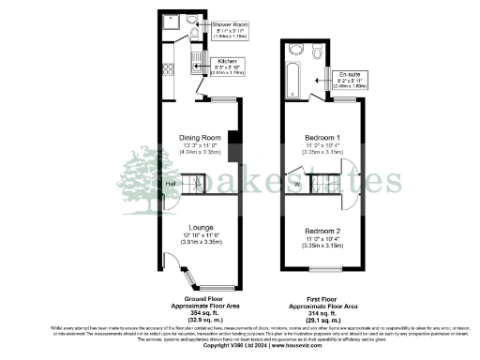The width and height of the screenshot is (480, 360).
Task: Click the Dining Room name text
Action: tap(198, 137)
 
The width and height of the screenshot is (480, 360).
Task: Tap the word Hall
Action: tap(171, 184)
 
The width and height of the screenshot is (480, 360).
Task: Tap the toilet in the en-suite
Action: tap(296, 50)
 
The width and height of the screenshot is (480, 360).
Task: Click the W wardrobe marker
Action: tap(297, 184)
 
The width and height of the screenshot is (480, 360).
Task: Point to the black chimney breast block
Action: tap(233, 148)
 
